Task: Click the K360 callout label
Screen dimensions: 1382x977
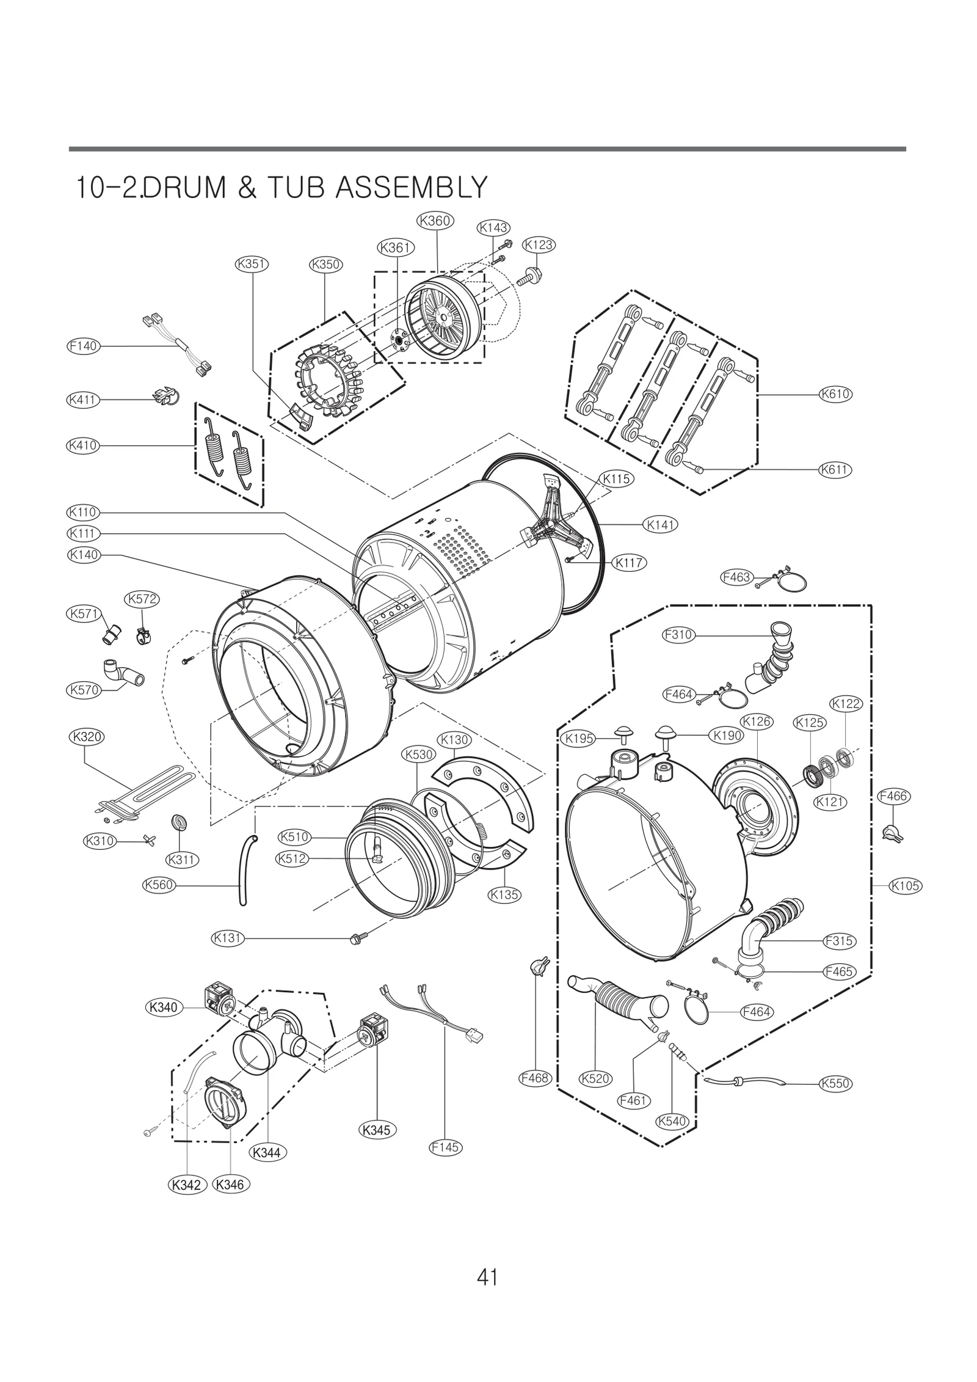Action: click(x=435, y=221)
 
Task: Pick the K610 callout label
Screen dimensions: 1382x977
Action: click(x=835, y=394)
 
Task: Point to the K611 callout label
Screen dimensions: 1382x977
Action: click(x=835, y=470)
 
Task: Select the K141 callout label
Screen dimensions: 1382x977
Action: click(x=661, y=524)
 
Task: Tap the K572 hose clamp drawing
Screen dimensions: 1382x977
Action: click(x=142, y=637)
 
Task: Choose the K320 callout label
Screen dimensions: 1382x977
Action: click(x=86, y=737)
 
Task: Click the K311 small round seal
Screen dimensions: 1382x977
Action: click(x=181, y=822)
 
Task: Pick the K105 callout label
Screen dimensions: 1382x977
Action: click(x=904, y=886)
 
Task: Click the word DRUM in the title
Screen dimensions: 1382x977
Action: click(x=186, y=188)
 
